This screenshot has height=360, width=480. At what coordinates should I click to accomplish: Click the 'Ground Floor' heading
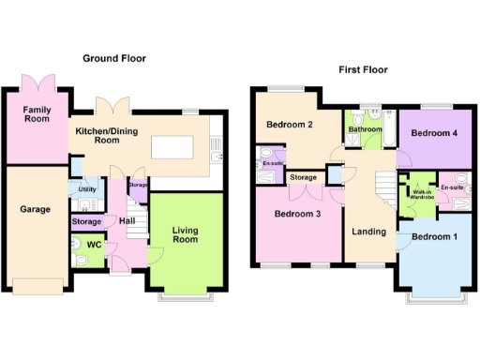(x=113, y=58)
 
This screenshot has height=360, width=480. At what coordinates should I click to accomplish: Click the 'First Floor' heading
(x=362, y=69)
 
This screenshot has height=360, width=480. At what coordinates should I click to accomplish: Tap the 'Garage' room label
(x=36, y=209)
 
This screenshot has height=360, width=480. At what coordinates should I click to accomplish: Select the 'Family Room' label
(x=37, y=115)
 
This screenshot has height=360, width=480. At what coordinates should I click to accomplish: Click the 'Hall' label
(x=126, y=221)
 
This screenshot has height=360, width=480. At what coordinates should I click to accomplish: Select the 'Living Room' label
(x=186, y=233)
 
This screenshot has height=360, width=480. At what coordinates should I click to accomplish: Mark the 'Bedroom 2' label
(x=289, y=125)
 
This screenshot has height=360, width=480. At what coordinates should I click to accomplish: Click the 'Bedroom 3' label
(x=297, y=214)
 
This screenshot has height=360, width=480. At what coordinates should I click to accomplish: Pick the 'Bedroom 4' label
(x=434, y=133)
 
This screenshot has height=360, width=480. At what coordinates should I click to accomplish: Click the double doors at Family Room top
(x=45, y=82)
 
